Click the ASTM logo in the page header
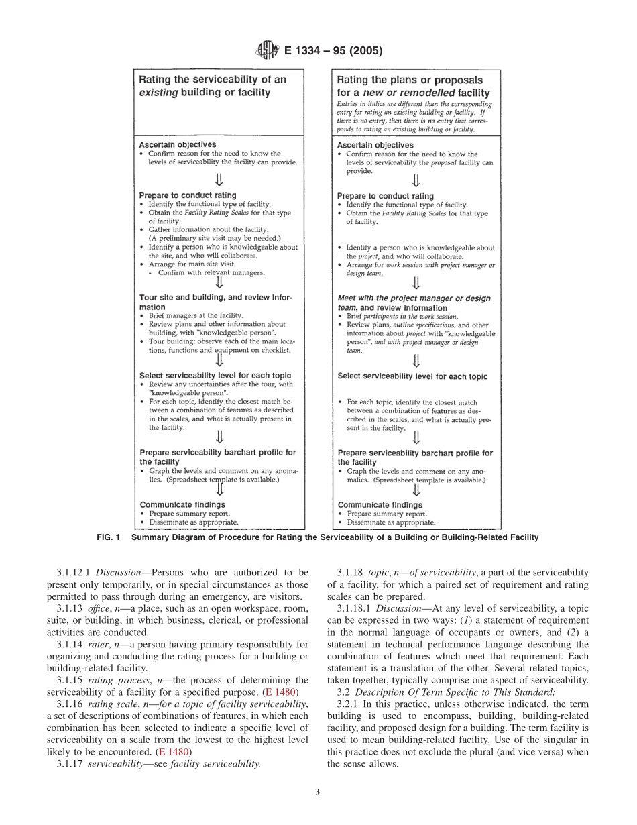coord(266,52)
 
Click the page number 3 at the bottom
coord(318,792)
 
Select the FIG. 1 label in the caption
coord(110,537)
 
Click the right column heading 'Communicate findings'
coord(380,505)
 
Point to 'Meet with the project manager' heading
coord(414,298)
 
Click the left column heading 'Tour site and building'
coord(215,298)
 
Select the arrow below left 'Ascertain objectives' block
coord(219,180)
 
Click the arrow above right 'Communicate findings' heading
coord(416,490)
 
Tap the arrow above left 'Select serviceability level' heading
coord(219,361)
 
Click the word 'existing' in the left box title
coord(158,93)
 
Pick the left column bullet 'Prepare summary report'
coord(185,514)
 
